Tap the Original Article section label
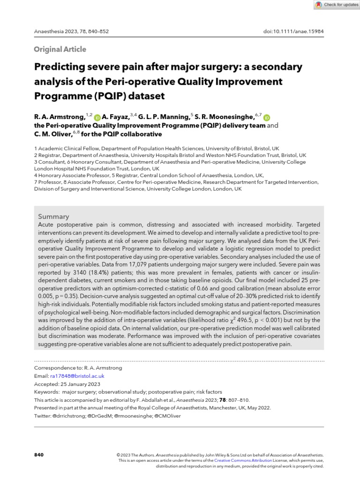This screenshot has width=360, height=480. pyautogui.click(x=60, y=49)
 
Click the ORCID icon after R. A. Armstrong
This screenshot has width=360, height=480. pyautogui.click(x=97, y=118)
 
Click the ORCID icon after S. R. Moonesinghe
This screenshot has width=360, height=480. pyautogui.click(x=267, y=118)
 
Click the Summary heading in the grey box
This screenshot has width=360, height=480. pyautogui.click(x=53, y=217)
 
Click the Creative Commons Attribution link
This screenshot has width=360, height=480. pyautogui.click(x=246, y=461)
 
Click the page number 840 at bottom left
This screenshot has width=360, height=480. pyautogui.click(x=39, y=455)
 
